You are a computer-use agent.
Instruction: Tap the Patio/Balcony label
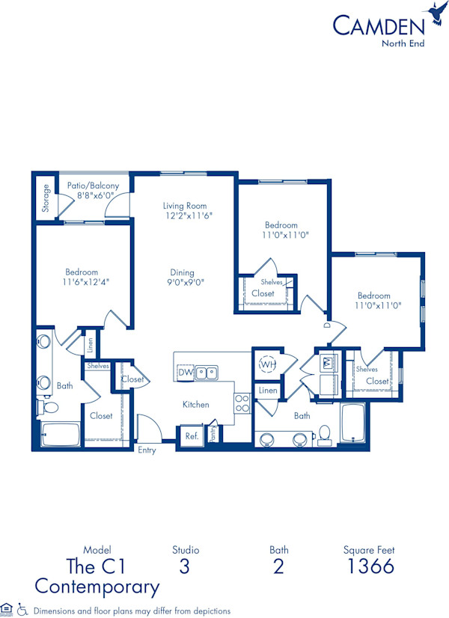94,186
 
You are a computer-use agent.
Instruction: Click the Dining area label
182,273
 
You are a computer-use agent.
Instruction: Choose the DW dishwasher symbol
185,372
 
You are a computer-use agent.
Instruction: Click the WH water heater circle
267,364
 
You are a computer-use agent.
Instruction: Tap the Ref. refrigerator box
191,436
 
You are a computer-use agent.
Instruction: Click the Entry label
147,450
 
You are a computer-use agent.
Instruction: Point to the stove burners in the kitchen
242,404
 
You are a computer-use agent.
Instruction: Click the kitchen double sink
207,372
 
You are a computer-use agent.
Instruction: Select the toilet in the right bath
324,433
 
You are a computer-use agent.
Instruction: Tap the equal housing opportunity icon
7,609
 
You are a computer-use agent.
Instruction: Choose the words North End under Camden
403,42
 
